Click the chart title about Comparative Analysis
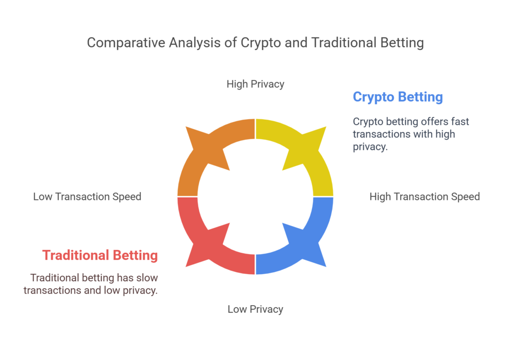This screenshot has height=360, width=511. pyautogui.click(x=255, y=43)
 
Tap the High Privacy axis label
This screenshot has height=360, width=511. pyautogui.click(x=255, y=84)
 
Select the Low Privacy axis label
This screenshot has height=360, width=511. pyautogui.click(x=255, y=309)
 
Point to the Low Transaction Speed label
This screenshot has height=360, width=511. pyautogui.click(x=87, y=196)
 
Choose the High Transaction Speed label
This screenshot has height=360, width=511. pyautogui.click(x=425, y=196)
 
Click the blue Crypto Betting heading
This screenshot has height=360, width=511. pyautogui.click(x=398, y=97)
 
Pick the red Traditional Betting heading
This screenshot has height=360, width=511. pyautogui.click(x=100, y=255)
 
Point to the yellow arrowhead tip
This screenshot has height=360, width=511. pyautogui.click(x=326, y=127)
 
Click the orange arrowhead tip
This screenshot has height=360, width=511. pyautogui.click(x=186, y=127)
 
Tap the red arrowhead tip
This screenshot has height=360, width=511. pyautogui.click(x=186, y=267)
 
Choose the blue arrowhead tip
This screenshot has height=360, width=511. pyautogui.click(x=326, y=267)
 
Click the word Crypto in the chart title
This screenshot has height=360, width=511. pyautogui.click(x=260, y=43)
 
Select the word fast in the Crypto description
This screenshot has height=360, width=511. pyautogui.click(x=460, y=121)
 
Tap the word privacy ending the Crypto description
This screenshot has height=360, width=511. pyautogui.click(x=370, y=147)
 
